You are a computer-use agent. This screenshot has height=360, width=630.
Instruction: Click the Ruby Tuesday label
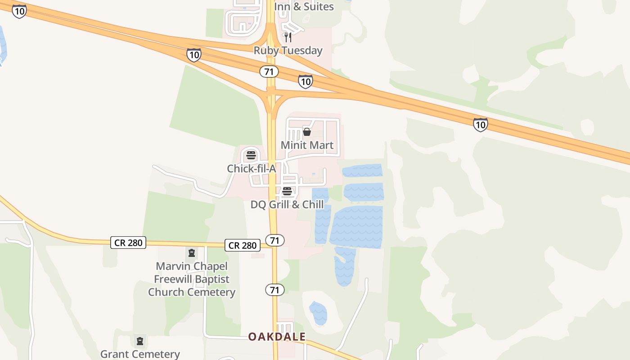coord(288,50)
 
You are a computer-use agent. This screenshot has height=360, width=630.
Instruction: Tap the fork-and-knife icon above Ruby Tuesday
coord(288,37)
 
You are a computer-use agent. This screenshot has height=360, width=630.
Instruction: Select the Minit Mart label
coord(307,145)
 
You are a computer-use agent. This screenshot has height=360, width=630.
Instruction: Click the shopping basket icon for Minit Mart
coord(307,132)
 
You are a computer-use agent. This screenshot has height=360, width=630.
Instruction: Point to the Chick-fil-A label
coord(251,168)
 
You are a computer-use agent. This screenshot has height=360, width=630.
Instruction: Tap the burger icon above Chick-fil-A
coord(251,156)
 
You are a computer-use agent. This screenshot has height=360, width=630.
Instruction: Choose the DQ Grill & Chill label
coord(287,204)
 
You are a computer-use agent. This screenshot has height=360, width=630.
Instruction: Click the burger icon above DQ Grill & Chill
coord(287,192)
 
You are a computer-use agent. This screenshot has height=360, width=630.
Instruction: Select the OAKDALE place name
coord(277,337)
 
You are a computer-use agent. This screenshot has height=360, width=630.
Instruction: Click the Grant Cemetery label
coord(140,354)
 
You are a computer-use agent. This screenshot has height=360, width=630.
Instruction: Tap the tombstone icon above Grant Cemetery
coord(140,341)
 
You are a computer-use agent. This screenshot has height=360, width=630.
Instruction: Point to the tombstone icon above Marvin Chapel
coord(192,253)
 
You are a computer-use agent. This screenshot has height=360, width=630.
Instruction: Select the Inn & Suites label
coord(304,6)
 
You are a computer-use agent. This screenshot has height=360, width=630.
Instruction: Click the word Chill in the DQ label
coord(313,204)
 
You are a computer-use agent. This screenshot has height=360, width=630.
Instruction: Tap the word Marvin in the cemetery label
coord(173,266)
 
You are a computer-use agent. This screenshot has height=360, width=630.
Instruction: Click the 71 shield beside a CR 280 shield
coord(275,240)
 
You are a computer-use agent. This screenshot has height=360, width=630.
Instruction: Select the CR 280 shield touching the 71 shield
coord(243,245)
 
